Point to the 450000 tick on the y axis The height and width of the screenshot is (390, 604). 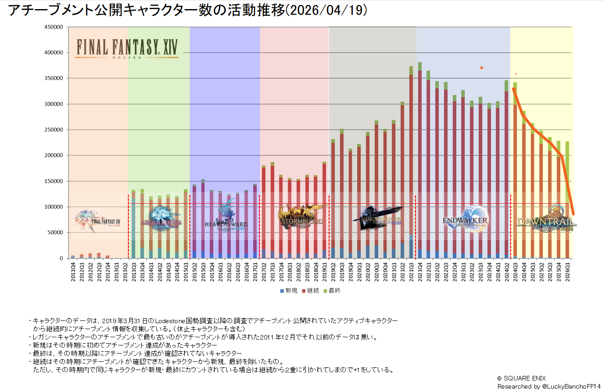coord(53,27)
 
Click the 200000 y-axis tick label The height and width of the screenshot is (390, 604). coord(53,155)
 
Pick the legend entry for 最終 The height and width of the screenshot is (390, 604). coord(332,290)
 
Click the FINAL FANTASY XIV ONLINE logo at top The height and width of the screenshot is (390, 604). coord(127,48)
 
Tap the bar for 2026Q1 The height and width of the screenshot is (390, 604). coord(567,200)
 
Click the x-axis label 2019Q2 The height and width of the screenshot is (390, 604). coord(333,271)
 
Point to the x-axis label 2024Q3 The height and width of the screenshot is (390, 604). coord(515,271)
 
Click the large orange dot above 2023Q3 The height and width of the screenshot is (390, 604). coord(481,68)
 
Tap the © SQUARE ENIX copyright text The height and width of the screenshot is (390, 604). coord(521,378)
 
